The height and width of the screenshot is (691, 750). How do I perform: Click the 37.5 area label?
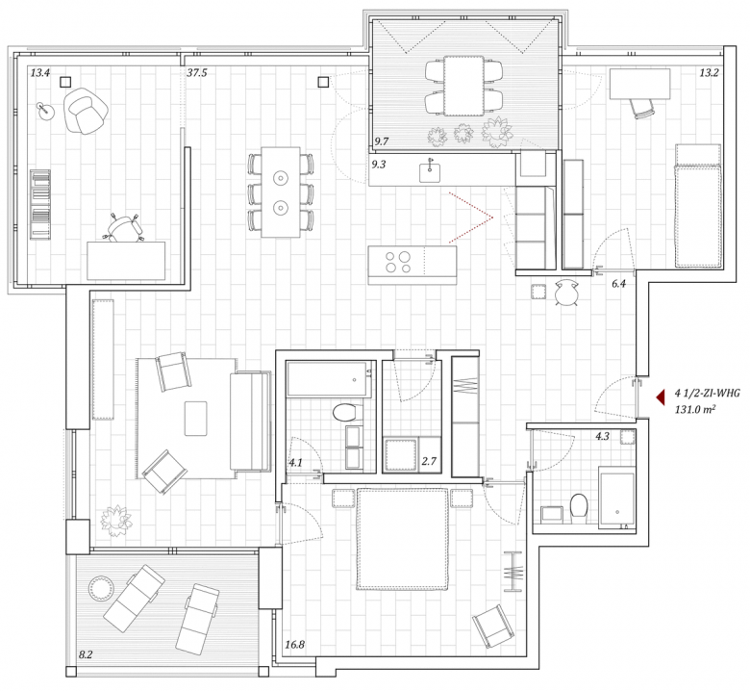[197, 73]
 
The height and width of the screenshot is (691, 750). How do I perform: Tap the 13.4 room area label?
[40, 73]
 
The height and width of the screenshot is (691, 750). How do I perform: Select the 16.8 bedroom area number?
[294, 645]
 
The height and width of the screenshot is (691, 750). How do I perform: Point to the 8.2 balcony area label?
[86, 654]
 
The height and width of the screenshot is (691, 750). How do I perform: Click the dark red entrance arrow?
[661, 397]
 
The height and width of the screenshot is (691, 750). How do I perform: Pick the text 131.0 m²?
[695, 409]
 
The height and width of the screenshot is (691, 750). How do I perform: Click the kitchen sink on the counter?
[430, 171]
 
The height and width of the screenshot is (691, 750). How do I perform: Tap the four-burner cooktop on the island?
[398, 262]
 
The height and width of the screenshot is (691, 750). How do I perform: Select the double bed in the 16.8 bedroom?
[402, 539]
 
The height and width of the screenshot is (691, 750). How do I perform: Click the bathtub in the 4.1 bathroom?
[329, 379]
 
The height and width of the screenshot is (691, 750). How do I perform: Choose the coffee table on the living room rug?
[195, 419]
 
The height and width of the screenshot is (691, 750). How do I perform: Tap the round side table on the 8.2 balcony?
[101, 588]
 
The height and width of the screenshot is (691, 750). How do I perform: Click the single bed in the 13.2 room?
[697, 205]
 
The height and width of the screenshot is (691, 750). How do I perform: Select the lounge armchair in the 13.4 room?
[87, 111]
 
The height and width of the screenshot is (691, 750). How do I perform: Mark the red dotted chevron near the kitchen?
[471, 218]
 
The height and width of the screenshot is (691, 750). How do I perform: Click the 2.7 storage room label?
[429, 461]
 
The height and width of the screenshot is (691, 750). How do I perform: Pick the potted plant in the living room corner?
[115, 521]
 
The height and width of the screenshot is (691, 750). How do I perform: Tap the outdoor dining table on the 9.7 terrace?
[463, 86]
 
